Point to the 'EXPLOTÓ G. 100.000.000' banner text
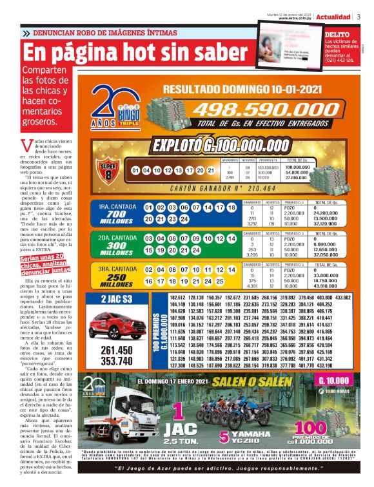click(219, 144)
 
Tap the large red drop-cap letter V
click(26, 144)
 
